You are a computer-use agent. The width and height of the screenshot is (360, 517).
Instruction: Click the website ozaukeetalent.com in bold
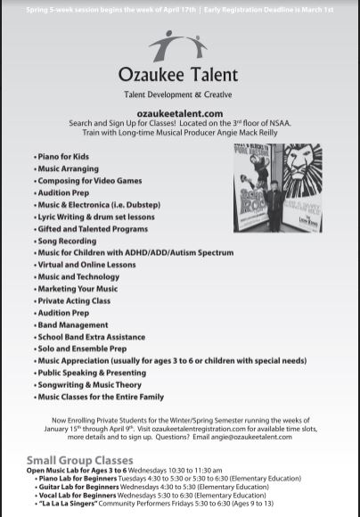click(x=180, y=114)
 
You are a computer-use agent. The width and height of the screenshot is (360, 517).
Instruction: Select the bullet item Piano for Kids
click(x=62, y=156)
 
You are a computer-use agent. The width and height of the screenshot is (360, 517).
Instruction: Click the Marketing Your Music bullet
click(x=78, y=289)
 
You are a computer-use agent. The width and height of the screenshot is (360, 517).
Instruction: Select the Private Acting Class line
click(x=74, y=300)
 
